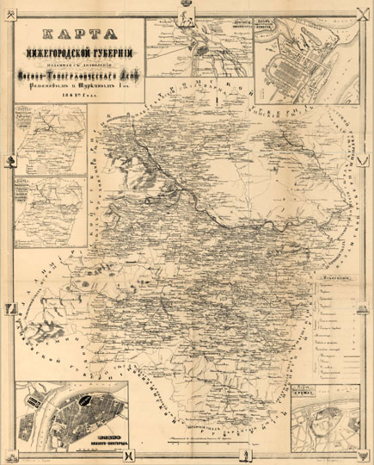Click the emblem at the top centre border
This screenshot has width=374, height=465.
pos(187,5)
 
